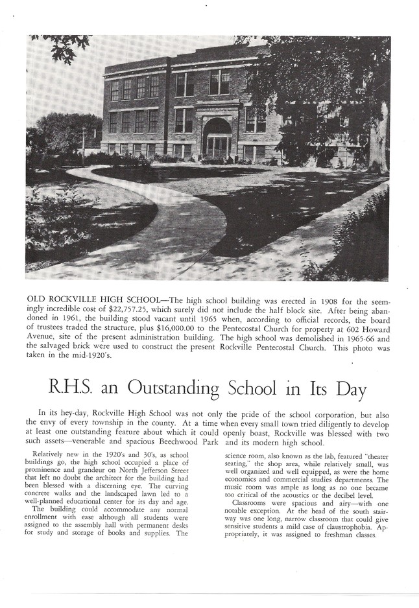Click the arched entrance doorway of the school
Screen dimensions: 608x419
pyautogui.click(x=217, y=137)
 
